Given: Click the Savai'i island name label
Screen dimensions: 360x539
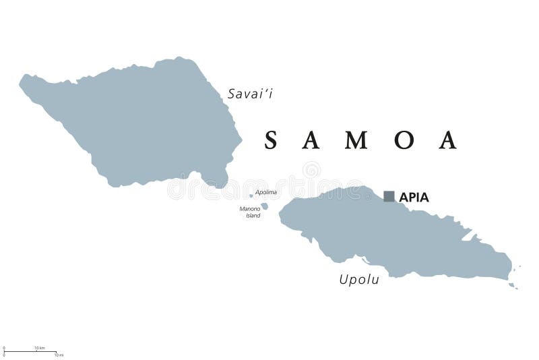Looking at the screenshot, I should pos(250,94).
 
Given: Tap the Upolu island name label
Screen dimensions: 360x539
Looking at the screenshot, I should pos(359,279).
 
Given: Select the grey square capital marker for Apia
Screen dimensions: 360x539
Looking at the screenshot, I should pos(389,196).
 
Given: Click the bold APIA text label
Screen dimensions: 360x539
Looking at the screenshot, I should pos(414,198).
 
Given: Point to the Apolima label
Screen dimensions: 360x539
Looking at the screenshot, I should pos(265,192).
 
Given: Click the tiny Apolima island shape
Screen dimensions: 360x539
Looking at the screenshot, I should pos(251,196).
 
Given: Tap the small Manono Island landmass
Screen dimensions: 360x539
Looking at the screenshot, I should pos(264,206).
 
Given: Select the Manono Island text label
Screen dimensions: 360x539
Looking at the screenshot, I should pos(250,212).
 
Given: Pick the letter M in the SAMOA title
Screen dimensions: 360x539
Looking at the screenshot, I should pos(358,140).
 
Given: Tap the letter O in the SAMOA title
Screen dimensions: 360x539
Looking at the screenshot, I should pos(404,140).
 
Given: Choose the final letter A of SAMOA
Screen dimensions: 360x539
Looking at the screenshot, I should pos(448,140).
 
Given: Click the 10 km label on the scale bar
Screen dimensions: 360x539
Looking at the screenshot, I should pos(40,348).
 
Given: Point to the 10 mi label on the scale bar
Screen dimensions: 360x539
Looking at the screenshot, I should pos(59,355).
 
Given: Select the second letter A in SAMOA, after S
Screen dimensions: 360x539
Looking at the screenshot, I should pos(314,140).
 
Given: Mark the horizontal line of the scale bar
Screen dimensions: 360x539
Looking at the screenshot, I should pos(30,351).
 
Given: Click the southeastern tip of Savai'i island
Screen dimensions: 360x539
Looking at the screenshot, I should pos(224,184).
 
